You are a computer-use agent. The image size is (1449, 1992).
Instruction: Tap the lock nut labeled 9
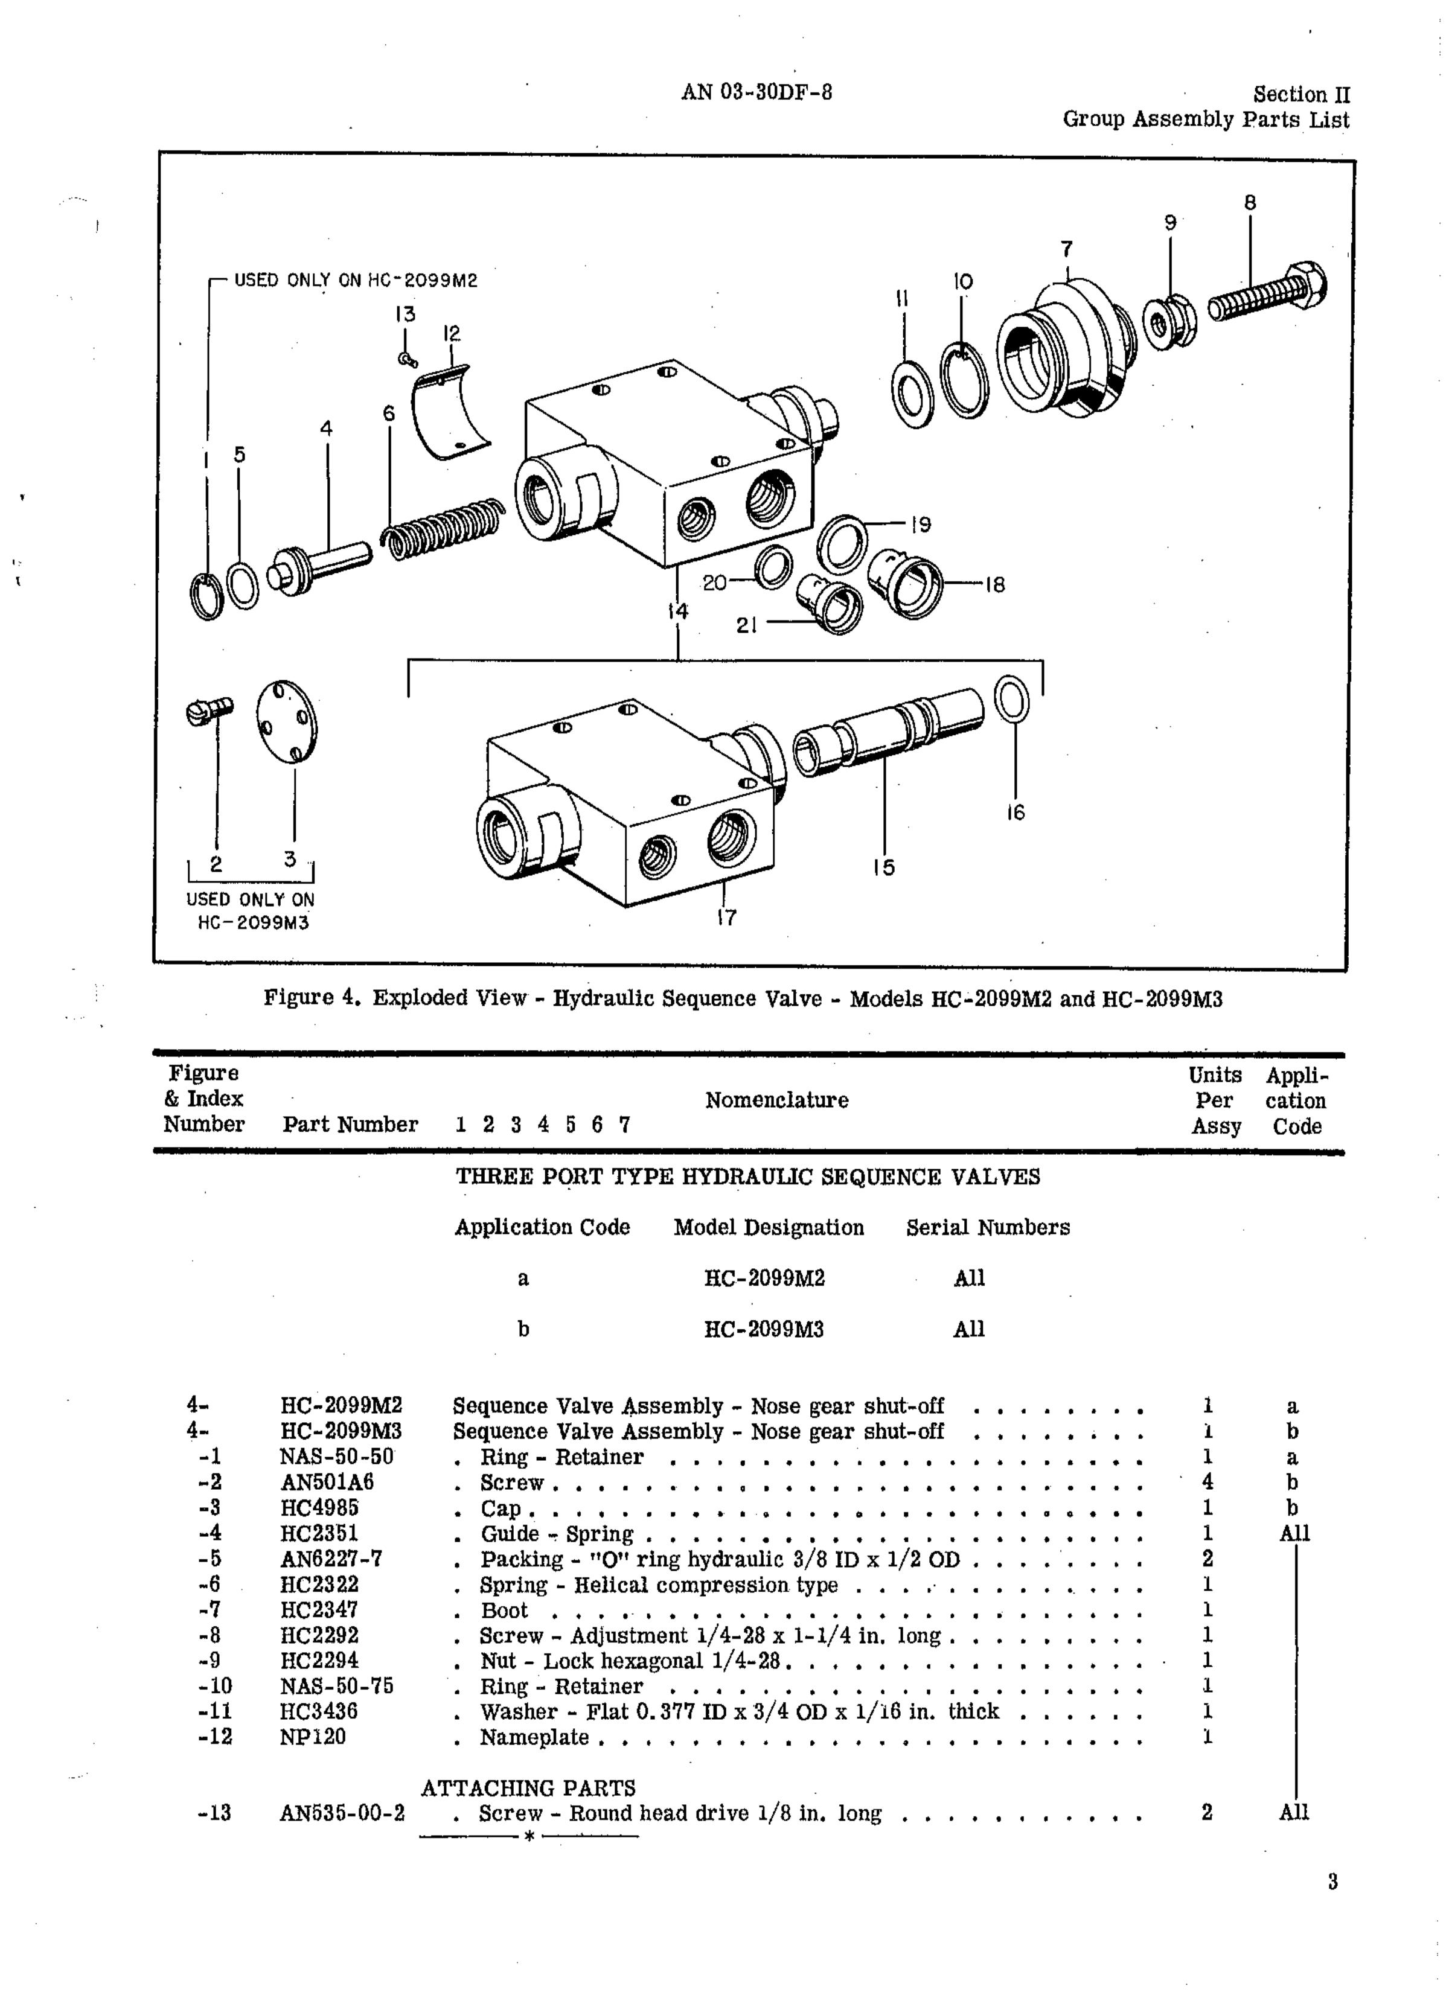click(1169, 324)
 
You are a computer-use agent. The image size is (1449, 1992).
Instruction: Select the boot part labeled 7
click(1065, 349)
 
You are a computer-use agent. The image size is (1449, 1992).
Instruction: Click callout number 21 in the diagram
click(747, 625)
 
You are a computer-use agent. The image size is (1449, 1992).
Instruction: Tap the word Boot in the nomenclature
click(504, 1610)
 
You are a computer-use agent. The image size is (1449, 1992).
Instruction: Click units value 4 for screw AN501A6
click(1207, 1483)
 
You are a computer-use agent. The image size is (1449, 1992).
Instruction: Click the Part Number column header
click(350, 1124)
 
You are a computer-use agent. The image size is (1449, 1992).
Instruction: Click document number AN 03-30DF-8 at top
click(756, 92)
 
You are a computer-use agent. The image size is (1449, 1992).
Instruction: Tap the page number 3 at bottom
click(1332, 1882)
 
